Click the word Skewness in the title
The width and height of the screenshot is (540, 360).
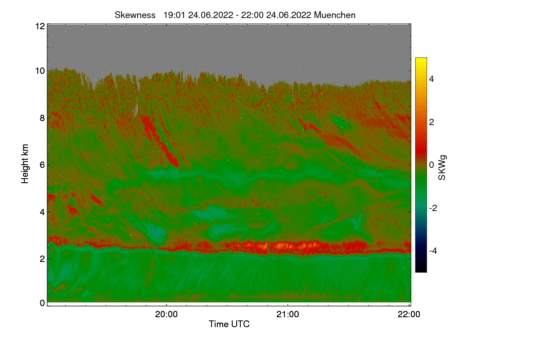click(x=135, y=15)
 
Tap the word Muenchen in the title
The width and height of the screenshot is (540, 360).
click(x=335, y=15)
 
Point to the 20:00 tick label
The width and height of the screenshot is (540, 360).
click(x=166, y=315)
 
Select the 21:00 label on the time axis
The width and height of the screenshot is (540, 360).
click(x=288, y=315)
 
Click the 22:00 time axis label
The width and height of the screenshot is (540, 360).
click(x=409, y=315)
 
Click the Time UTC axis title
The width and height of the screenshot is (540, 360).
click(x=229, y=324)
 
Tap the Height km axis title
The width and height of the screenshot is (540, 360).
click(x=25, y=163)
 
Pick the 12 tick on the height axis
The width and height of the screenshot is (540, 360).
click(x=40, y=26)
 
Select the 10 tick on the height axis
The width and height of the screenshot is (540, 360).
click(x=40, y=71)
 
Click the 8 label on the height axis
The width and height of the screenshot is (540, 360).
click(x=42, y=118)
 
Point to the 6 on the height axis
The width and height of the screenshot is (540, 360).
click(x=42, y=165)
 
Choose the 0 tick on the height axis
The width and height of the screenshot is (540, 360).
click(x=42, y=303)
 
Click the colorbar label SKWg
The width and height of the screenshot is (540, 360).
click(x=442, y=168)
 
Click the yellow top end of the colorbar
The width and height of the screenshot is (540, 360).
click(x=421, y=59)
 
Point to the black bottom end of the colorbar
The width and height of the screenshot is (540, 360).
click(x=421, y=270)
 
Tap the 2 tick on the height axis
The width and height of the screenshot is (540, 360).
click(x=42, y=258)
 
